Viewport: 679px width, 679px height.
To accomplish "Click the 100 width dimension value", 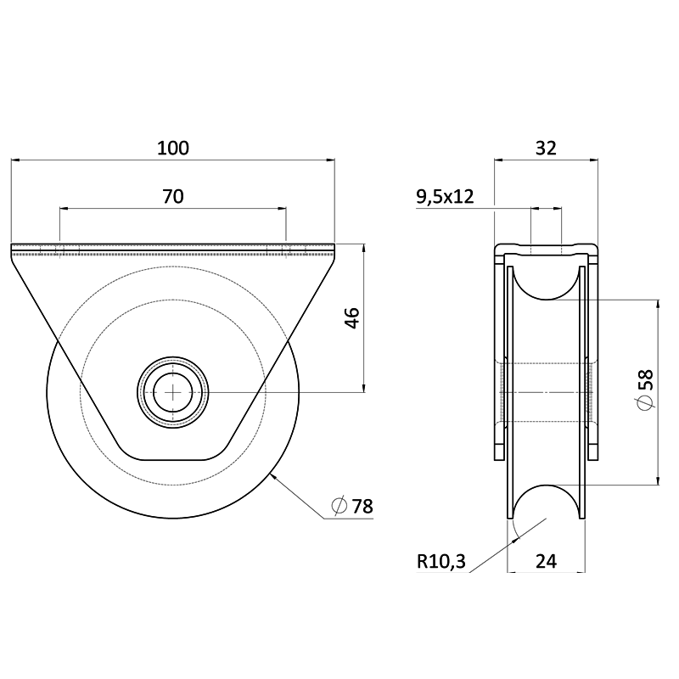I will pos(173,148).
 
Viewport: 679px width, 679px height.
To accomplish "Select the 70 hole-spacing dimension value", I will pos(173,197).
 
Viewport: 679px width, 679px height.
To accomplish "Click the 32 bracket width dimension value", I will pos(546,148).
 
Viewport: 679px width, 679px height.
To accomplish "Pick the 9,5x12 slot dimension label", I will pos(444,197).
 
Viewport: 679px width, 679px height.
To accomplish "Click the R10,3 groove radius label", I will pos(441,560).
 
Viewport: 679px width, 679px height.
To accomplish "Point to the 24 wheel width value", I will pos(546,560).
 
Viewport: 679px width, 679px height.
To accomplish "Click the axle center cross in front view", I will pos(174,391).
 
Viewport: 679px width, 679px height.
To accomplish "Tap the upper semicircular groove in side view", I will pos(546,284).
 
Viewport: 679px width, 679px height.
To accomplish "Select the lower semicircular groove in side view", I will pos(546,501).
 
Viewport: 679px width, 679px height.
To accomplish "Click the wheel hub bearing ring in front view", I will pos(174,365).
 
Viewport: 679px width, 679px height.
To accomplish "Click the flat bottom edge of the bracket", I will pos(174,459).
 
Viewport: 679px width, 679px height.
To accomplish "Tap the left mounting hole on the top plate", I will pos(59,250).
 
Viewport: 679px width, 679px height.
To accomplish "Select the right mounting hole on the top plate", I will pos(286,250).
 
